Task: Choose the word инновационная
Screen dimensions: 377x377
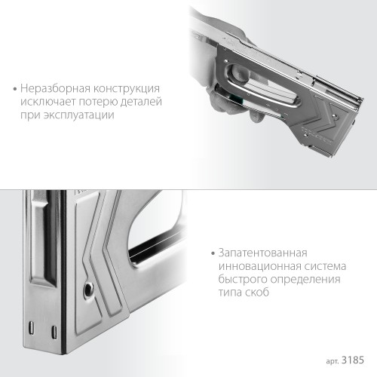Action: click(x=258, y=266)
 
